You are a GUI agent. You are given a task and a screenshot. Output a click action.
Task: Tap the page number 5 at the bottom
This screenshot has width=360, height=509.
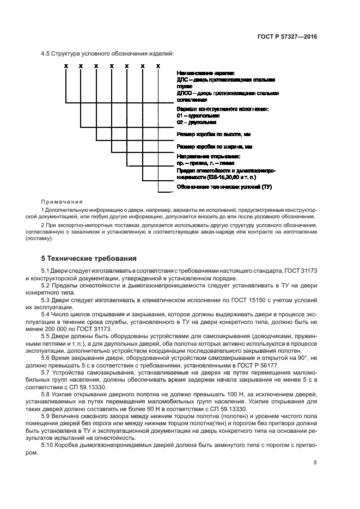pyautogui.click(x=315, y=463)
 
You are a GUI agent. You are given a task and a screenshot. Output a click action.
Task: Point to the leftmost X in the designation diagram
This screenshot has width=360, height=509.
pyautogui.click(x=65, y=66)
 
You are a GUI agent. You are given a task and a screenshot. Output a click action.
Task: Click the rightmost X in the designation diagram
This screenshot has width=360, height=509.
pyautogui.click(x=158, y=66)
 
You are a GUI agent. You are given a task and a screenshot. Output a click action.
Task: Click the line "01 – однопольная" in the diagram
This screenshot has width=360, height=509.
pyautogui.click(x=198, y=115)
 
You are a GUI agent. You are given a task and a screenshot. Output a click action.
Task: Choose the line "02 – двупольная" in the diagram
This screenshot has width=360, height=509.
pyautogui.click(x=197, y=122)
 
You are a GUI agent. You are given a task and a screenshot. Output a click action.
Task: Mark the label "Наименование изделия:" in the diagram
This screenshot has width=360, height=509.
pyautogui.click(x=205, y=72)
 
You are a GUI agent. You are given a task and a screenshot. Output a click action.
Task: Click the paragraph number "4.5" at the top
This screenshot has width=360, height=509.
pyautogui.click(x=46, y=53)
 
